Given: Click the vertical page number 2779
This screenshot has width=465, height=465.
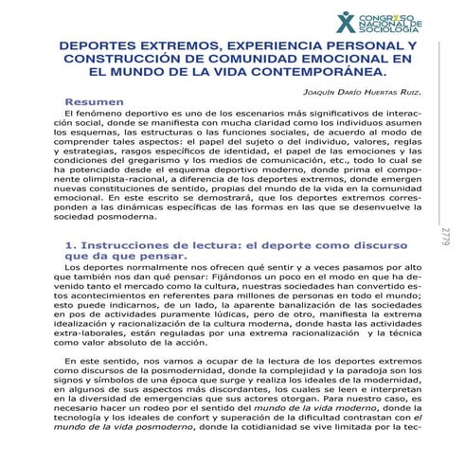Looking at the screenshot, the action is (445, 237).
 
